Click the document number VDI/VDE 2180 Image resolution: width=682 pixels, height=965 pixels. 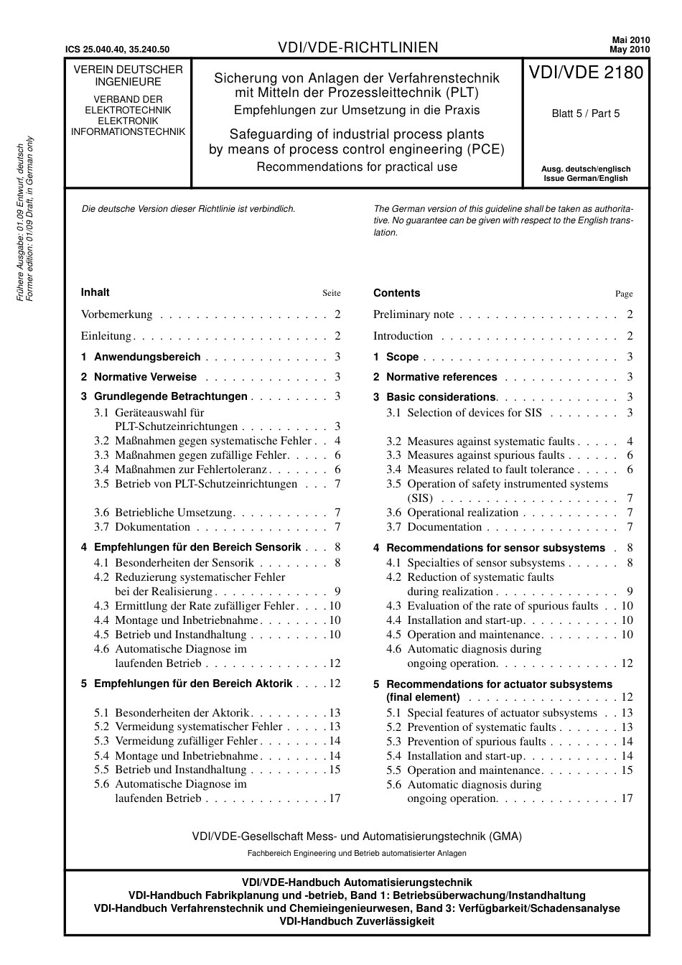pyautogui.click(x=586, y=73)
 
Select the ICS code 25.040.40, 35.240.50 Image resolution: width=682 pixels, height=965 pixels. pyautogui.click(x=117, y=50)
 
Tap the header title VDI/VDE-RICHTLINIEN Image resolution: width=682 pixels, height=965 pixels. pyautogui.click(x=358, y=48)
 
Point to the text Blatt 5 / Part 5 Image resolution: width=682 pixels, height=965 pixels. pyautogui.click(x=586, y=113)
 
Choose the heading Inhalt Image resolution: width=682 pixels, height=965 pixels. pyautogui.click(x=95, y=292)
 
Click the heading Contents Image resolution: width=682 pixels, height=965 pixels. pyautogui.click(x=396, y=293)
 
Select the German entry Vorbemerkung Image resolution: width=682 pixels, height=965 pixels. pyautogui.click(x=116, y=314)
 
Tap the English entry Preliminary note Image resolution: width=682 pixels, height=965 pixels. pyautogui.click(x=414, y=314)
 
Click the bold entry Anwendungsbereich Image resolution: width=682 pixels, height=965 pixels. pyautogui.click(x=147, y=357)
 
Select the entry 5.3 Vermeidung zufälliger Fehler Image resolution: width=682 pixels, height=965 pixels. pyautogui.click(x=176, y=741)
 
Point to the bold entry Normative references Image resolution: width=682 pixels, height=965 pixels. pyautogui.click(x=441, y=377)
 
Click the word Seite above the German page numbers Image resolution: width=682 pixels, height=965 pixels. pyautogui.click(x=331, y=293)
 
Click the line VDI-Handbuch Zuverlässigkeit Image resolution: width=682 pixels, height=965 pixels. pyautogui.click(x=357, y=921)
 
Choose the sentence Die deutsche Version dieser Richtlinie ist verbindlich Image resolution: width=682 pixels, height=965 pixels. pyautogui.click(x=189, y=209)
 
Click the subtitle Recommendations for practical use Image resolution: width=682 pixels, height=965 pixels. pyautogui.click(x=357, y=167)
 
